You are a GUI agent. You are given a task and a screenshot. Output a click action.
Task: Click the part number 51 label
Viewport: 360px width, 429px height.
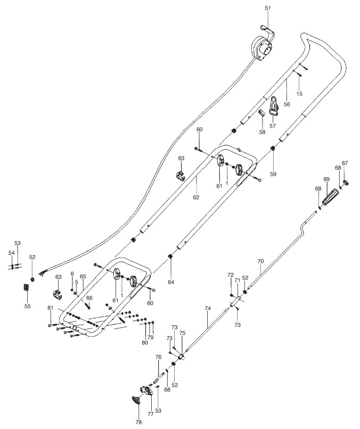[x=267, y=8]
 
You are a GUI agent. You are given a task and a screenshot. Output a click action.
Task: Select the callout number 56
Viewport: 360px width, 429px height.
[x=287, y=105]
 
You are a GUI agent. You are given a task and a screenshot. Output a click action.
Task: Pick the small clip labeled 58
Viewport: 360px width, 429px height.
[x=263, y=113]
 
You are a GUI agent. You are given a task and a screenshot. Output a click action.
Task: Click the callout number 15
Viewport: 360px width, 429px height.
[x=299, y=94]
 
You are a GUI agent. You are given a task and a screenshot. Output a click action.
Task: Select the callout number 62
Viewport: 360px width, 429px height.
[x=196, y=197]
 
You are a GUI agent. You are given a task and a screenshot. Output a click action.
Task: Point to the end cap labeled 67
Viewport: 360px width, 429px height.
[x=345, y=182]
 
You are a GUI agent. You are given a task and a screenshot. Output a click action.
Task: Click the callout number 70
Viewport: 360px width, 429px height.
[x=260, y=261]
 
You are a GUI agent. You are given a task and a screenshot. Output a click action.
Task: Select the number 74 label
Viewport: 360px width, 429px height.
[x=208, y=309]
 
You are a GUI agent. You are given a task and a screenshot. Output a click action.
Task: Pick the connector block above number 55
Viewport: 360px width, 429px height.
[x=26, y=288]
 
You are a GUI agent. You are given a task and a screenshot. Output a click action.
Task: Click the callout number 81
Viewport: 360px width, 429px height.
[x=50, y=309]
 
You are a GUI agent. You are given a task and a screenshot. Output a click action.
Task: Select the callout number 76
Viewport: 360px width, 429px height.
[x=158, y=357]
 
